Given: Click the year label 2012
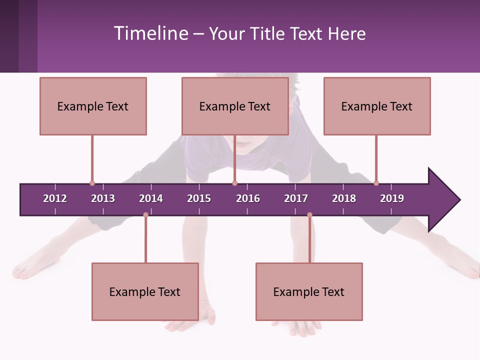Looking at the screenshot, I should [x=55, y=198].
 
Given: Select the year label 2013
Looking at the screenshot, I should [x=103, y=198].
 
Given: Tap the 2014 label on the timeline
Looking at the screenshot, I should [x=151, y=198].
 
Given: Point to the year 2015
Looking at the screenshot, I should [x=199, y=198].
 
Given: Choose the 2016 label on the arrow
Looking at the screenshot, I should [x=248, y=198].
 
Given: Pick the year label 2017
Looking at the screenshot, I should [x=296, y=198].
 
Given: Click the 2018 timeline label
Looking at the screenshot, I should [x=344, y=198].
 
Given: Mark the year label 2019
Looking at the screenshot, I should [x=392, y=198].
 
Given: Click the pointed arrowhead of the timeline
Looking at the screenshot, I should [x=445, y=200].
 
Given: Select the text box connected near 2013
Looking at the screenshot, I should [x=93, y=106].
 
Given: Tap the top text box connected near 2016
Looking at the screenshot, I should [x=235, y=106].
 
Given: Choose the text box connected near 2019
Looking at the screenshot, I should [x=377, y=106].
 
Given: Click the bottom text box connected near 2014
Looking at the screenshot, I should [x=145, y=291].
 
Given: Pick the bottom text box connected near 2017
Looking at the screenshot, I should [x=309, y=291].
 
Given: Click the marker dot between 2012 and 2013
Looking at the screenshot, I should [x=92, y=183].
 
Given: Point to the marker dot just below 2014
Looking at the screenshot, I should [x=145, y=215].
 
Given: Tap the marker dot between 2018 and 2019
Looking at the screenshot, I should [x=376, y=183].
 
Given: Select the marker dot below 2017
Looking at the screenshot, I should [x=309, y=215].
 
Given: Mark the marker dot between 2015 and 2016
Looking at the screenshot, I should [x=234, y=183].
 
